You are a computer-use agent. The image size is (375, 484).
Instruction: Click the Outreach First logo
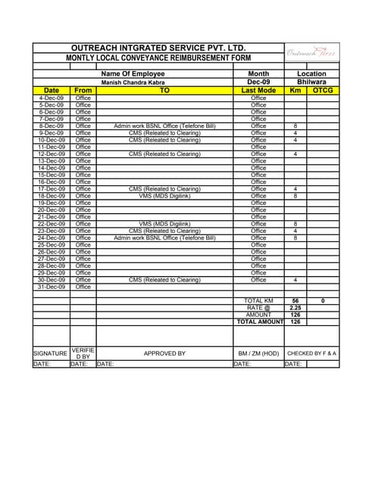(311, 52)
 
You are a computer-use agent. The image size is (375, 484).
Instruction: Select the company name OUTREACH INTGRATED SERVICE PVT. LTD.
(158, 48)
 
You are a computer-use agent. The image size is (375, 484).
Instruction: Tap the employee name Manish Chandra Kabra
(133, 82)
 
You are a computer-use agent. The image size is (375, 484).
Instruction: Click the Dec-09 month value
(258, 82)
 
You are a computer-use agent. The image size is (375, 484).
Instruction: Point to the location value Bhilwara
(311, 82)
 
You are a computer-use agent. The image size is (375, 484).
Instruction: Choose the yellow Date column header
(52, 91)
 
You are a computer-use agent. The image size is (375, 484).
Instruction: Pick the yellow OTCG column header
(323, 91)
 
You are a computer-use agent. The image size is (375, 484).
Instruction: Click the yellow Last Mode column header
(258, 91)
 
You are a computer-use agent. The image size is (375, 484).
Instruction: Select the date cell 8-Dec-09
(52, 126)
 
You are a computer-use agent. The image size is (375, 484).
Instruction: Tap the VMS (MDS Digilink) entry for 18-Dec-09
(164, 196)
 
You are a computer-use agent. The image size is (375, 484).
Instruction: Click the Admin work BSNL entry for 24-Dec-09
(164, 238)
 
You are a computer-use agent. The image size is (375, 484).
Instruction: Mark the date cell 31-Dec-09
(52, 287)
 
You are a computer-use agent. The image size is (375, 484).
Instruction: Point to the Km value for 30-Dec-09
(295, 280)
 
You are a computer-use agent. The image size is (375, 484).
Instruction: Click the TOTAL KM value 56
(295, 301)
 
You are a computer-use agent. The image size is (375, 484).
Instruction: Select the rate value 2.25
(295, 308)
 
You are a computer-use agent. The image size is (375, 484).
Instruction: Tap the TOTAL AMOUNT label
(258, 321)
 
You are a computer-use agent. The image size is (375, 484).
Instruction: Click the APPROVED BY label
(164, 353)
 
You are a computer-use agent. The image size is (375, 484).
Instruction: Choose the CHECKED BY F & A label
(311, 353)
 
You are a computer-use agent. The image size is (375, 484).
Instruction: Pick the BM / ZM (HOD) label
(258, 353)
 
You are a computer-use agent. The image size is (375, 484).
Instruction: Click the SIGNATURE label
(51, 353)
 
